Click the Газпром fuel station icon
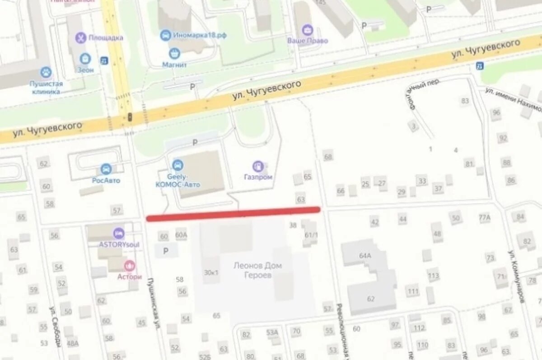click(x=258, y=166)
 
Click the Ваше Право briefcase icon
click(x=308, y=30)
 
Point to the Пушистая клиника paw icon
click(x=46, y=72)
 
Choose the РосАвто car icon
click(x=106, y=169)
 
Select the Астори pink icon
click(x=130, y=266)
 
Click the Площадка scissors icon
click(x=81, y=37)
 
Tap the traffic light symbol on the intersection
click(x=130, y=117)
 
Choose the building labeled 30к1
click(x=211, y=272)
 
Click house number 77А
click(x=485, y=218)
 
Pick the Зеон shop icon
click(x=85, y=58)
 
